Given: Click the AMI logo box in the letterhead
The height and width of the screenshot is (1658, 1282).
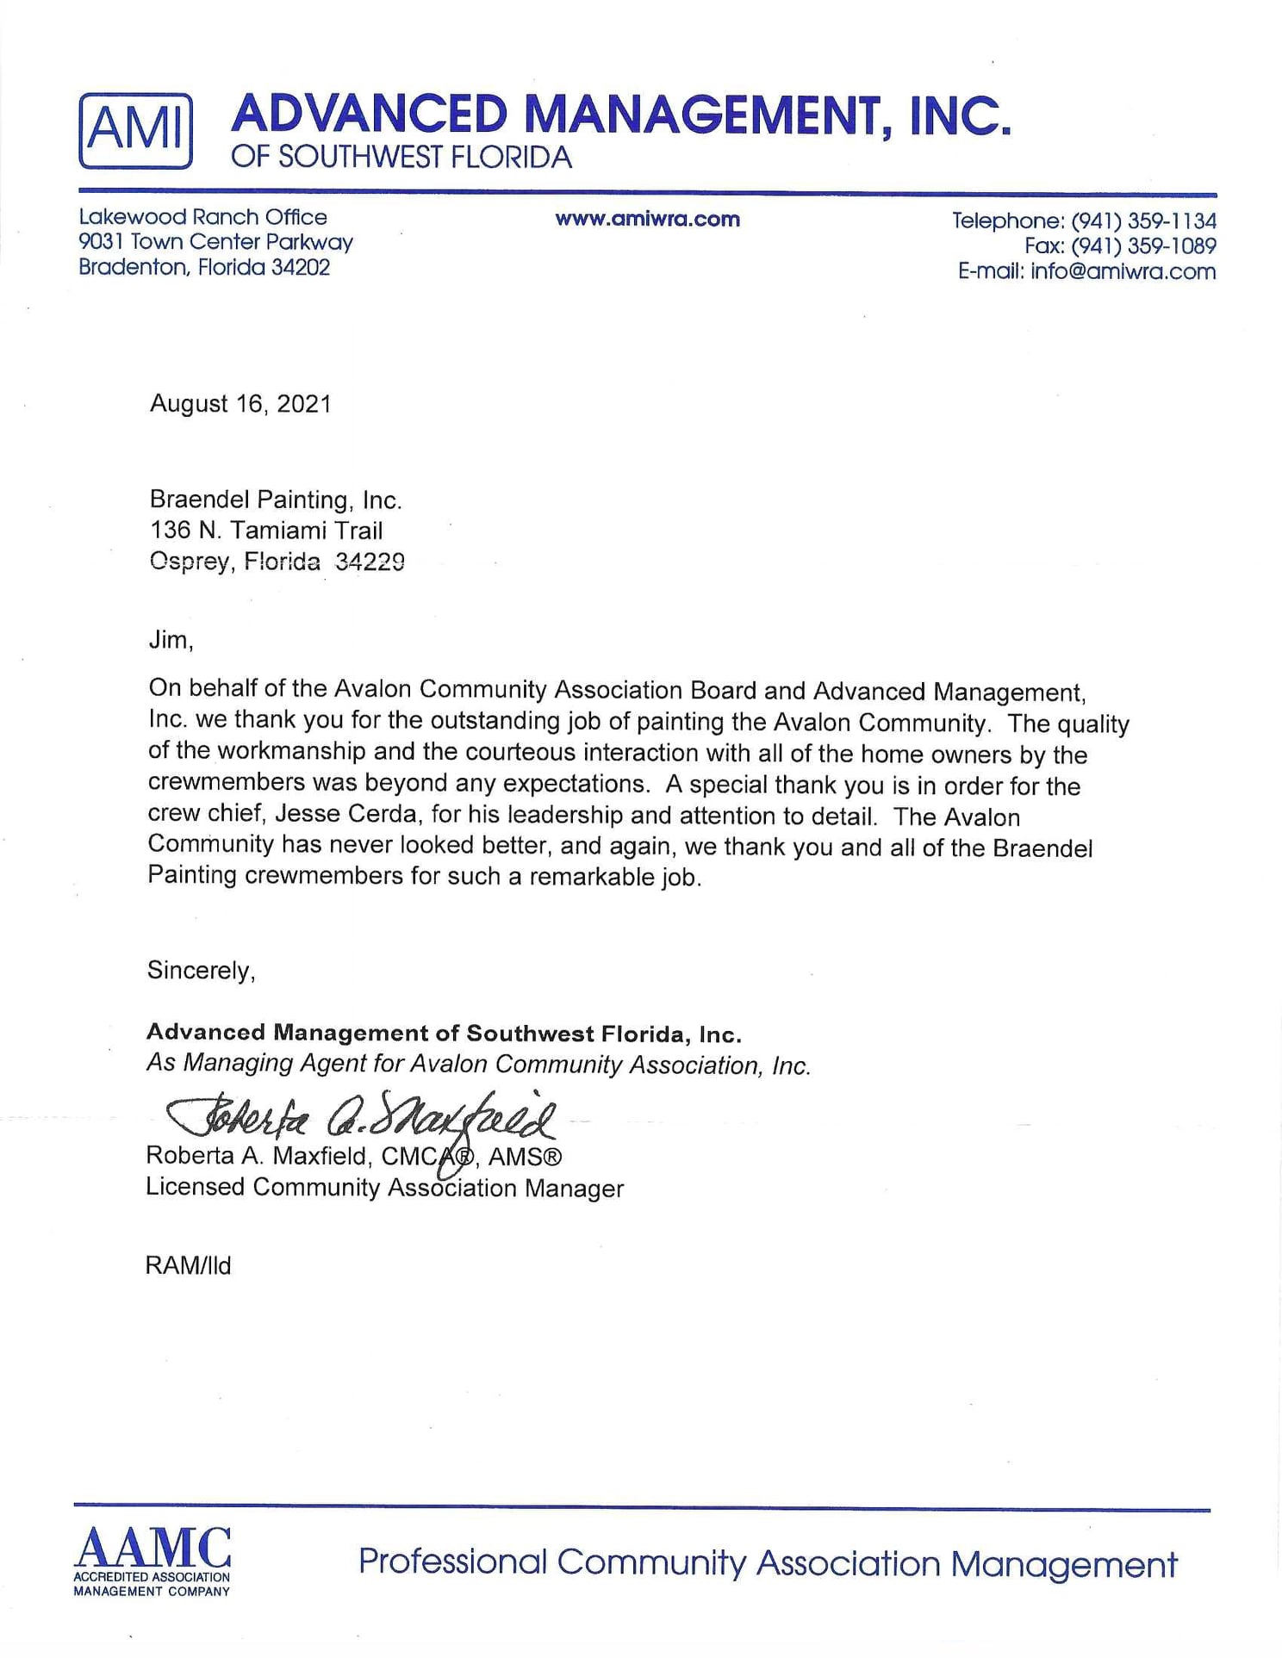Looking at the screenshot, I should coord(135,130).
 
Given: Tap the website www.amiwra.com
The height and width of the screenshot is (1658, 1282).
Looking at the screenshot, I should coord(647,219).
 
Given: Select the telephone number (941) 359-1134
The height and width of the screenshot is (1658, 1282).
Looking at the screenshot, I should coord(1143,220).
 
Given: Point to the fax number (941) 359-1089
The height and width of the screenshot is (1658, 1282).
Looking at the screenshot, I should coord(1143,246).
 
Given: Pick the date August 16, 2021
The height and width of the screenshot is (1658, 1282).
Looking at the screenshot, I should coord(240,404).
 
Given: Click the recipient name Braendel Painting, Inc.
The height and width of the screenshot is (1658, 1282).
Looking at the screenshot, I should coord(276,500).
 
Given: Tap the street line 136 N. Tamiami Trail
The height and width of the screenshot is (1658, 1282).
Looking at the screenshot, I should coord(266,530).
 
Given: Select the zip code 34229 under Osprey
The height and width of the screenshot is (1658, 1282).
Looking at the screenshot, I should coord(370,562).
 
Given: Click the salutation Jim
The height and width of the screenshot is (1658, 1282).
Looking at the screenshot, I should coord(170,639).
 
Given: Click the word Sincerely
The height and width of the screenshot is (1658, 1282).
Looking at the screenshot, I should coord(200,970).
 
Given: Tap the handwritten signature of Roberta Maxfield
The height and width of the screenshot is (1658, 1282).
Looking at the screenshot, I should coord(362,1118).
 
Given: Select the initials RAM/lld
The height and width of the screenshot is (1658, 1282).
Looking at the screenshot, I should coord(188,1265).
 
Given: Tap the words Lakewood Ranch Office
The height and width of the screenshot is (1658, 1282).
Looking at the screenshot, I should coord(202,217).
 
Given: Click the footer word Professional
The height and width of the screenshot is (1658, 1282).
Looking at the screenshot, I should coord(452,1562).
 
